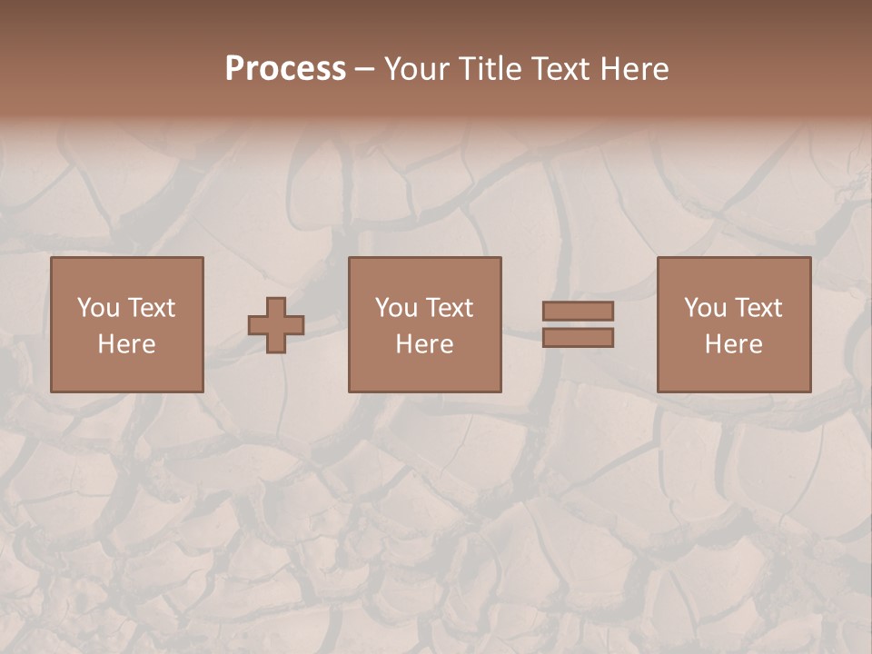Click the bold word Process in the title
pos(285,69)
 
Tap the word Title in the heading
pos(491,69)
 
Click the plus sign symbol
pos(276,324)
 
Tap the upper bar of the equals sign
pos(578,311)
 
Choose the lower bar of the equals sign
pos(578,337)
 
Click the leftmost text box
pos(126,324)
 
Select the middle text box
pos(424,324)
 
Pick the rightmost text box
pos(733,324)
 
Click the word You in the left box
pos(98,308)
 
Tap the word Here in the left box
pos(126,344)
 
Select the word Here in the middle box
pos(424,344)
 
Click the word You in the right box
pos(705,308)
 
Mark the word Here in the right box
pos(733,344)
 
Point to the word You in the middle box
pos(396,308)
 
